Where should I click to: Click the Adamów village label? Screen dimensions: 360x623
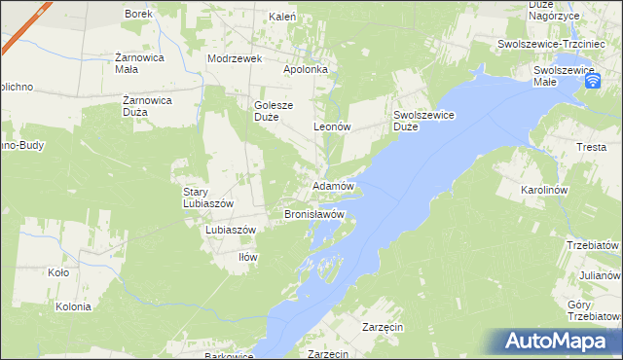[x=331, y=185]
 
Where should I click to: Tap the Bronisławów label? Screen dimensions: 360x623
[x=314, y=213]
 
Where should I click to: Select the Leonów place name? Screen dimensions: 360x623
[x=331, y=126]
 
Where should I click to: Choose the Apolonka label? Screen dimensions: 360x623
[x=310, y=70]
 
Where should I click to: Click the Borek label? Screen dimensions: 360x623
[x=137, y=14]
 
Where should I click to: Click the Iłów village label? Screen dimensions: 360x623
[x=247, y=257]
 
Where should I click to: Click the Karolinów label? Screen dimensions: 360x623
[x=571, y=189]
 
